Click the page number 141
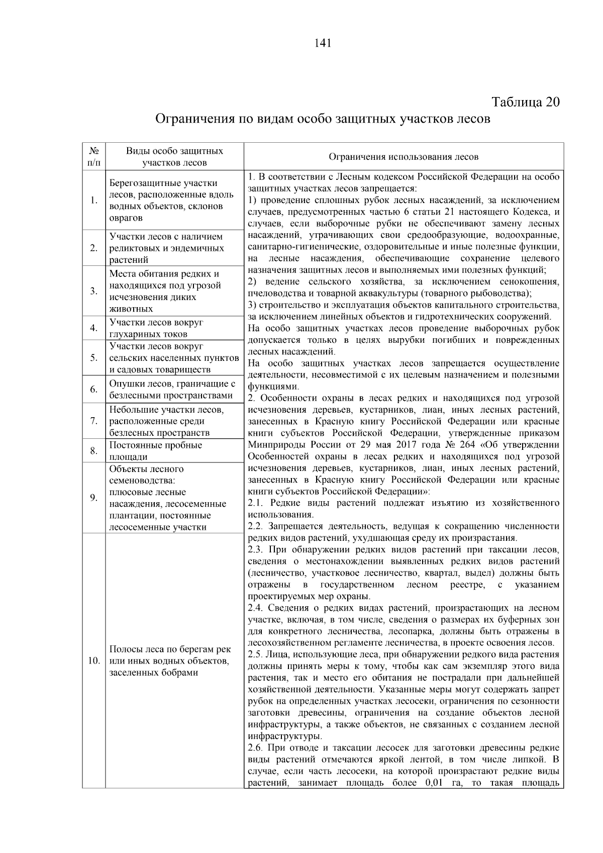click(x=322, y=43)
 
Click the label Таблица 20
click(x=526, y=102)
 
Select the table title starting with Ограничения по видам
click(x=322, y=120)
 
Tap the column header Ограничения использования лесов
click(x=403, y=157)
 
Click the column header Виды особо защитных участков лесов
click(x=174, y=157)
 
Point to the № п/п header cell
click(x=94, y=157)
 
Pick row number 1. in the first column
click(x=94, y=201)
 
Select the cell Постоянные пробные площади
click(x=156, y=451)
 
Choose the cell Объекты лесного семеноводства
click(x=168, y=498)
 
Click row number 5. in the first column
click(x=94, y=358)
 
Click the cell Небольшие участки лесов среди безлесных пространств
click(x=166, y=421)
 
